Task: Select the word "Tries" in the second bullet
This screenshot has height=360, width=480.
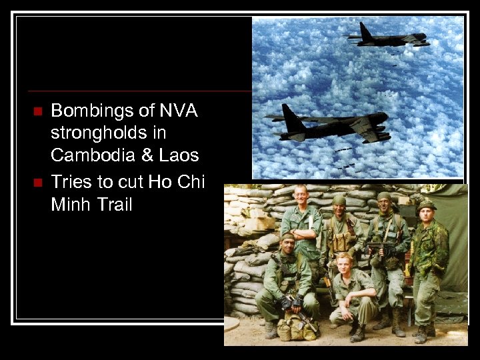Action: point(71,181)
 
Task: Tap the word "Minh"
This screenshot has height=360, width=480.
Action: point(69,204)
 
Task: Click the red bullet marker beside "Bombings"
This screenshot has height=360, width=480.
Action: point(37,110)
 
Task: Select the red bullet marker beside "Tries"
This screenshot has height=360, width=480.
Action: point(37,181)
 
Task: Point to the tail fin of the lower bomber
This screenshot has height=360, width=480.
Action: point(292,116)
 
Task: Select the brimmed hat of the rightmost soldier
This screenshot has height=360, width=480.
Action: point(425,205)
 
